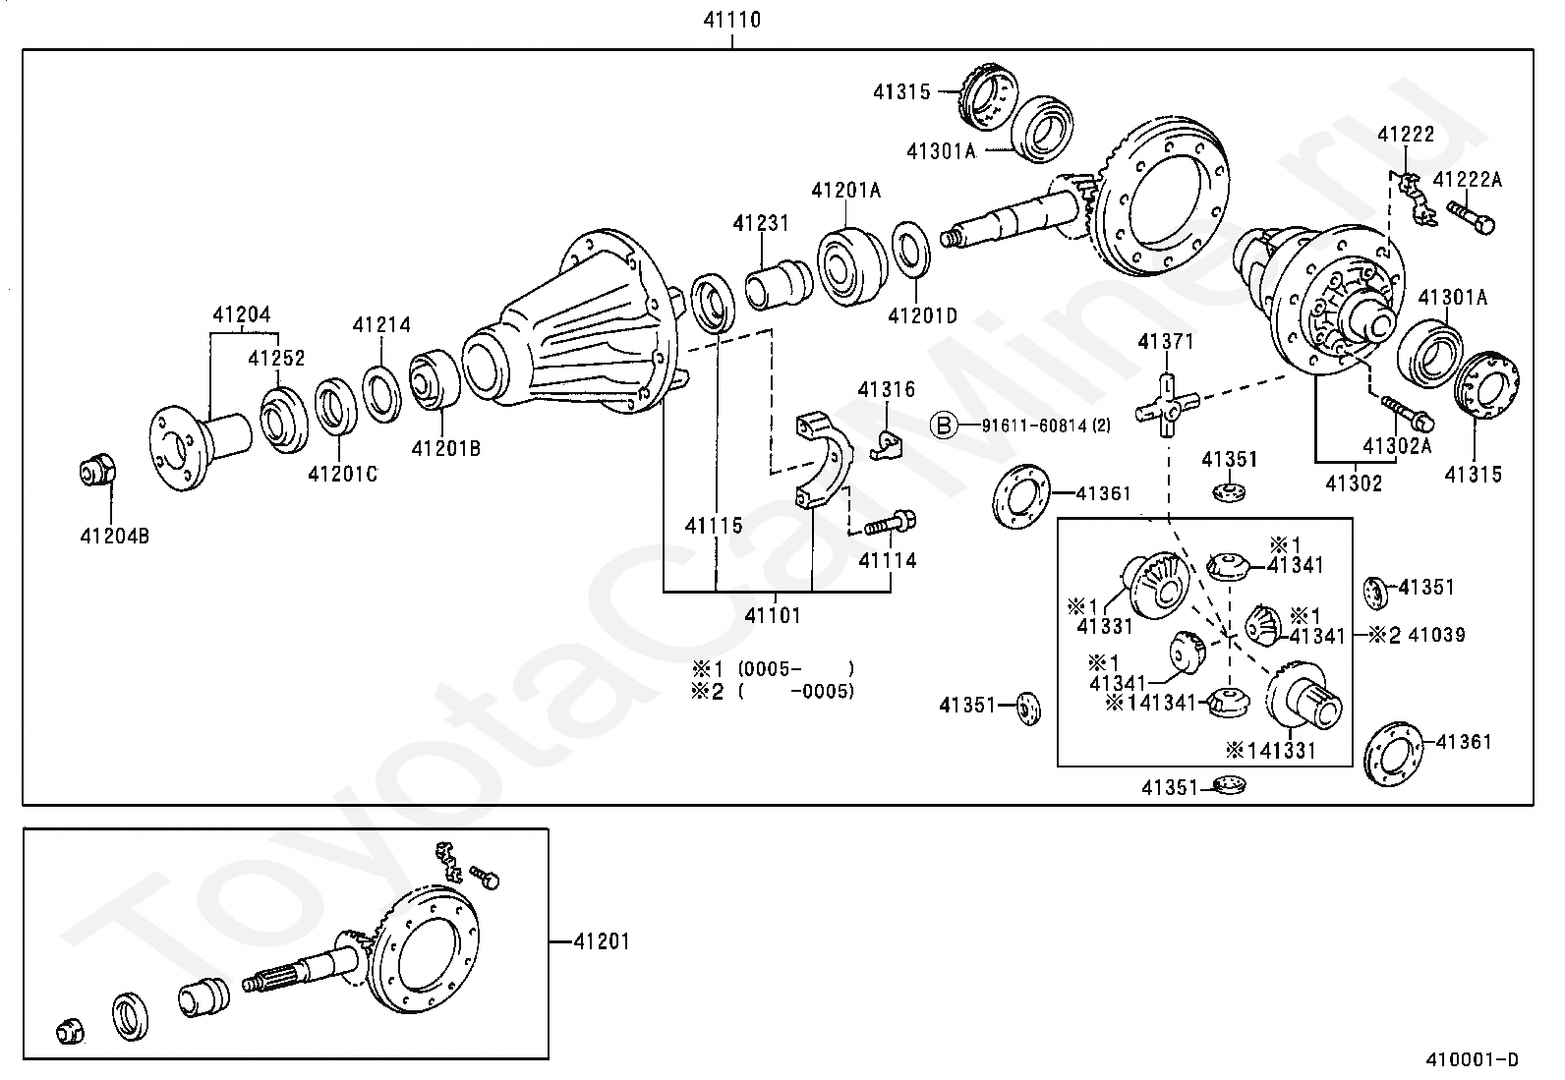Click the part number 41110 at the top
coord(732,19)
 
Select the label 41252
coord(276,359)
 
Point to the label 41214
coord(381,324)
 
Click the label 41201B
coord(445,449)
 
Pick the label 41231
coord(760,223)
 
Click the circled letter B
coord(943,426)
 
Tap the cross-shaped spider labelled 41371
coord(1166,404)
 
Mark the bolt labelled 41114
coord(891,524)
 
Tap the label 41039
coord(1436,635)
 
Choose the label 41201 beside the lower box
coord(601,941)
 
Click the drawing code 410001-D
coord(1472,1058)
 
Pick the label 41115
coord(714,526)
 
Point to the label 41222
coord(1405,135)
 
